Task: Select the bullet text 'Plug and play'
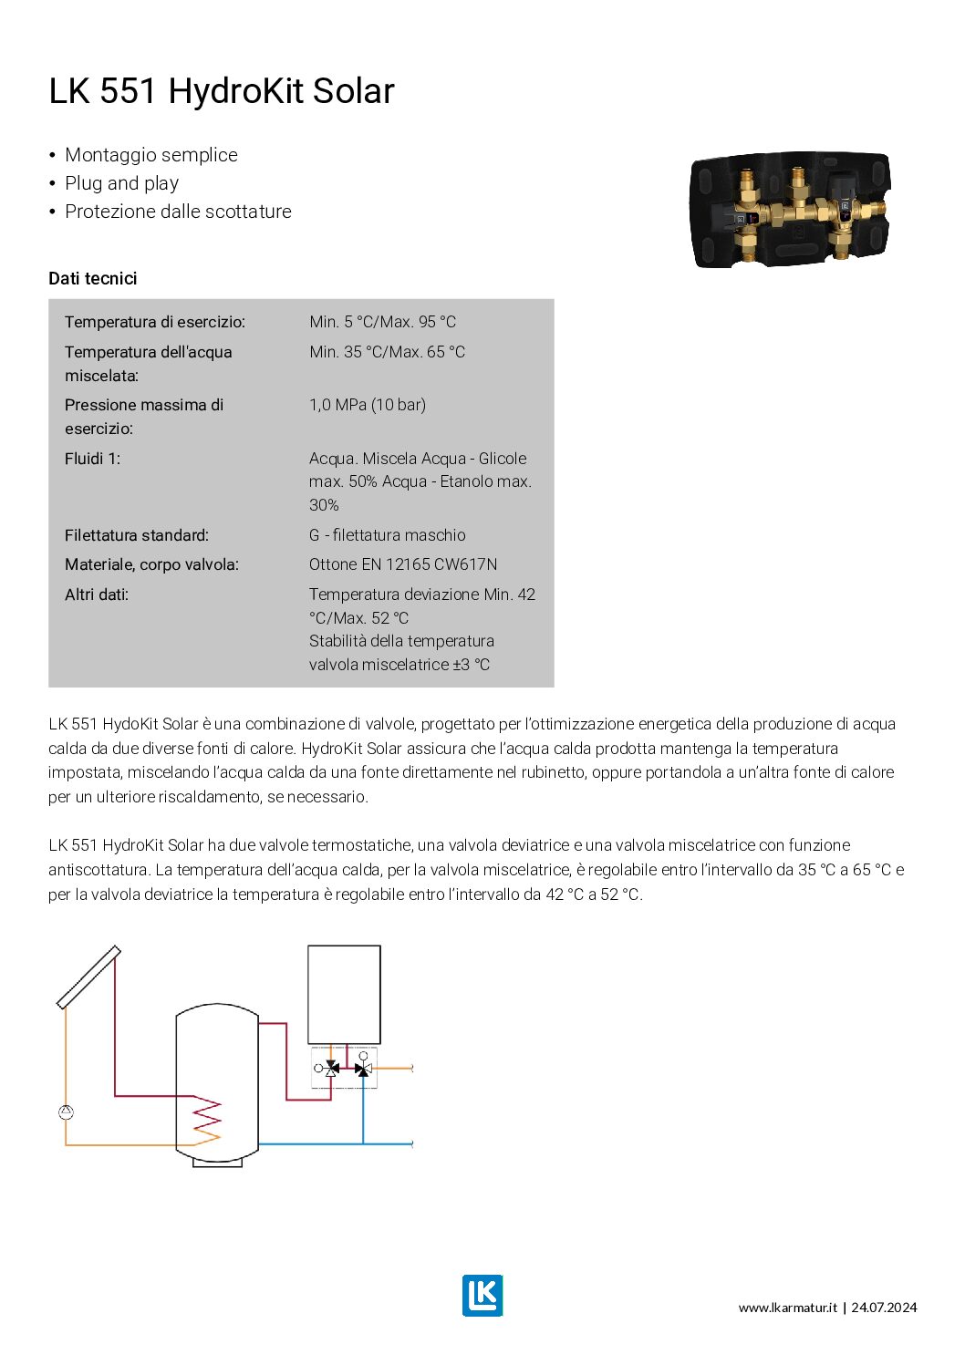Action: click(121, 183)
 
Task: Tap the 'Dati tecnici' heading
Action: click(93, 278)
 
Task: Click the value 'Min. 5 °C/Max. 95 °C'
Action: click(382, 322)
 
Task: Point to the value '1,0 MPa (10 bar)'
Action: click(368, 405)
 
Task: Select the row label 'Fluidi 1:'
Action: click(92, 459)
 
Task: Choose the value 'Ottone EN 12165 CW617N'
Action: click(403, 564)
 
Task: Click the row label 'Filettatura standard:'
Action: click(137, 535)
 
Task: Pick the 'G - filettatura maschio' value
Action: click(388, 535)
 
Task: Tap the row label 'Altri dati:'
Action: click(97, 595)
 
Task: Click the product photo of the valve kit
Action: click(789, 210)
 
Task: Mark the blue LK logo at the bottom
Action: click(482, 1295)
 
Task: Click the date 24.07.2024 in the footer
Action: click(884, 1308)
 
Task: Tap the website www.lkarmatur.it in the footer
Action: click(788, 1308)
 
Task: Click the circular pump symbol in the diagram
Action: click(66, 1112)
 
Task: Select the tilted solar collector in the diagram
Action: click(88, 977)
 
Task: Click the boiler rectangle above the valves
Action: click(344, 994)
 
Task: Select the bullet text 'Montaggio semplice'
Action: click(151, 155)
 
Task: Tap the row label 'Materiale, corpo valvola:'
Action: click(151, 564)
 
